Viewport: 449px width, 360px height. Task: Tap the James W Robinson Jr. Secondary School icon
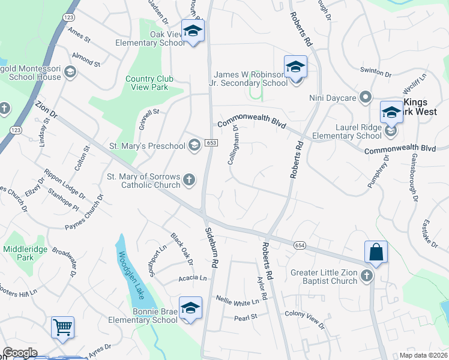tap(295, 67)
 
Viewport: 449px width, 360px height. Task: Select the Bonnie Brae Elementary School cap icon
tap(190, 308)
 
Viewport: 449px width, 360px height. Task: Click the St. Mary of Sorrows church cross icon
tap(189, 179)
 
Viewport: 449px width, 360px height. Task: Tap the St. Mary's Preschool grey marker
tap(194, 145)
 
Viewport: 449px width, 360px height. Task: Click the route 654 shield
tap(300, 245)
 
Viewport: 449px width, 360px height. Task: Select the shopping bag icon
tap(376, 252)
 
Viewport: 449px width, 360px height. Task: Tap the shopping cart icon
tap(62, 328)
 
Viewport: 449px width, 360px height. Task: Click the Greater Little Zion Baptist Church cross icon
tap(367, 276)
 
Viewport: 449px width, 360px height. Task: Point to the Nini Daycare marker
tap(365, 98)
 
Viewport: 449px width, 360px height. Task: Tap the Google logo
tap(20, 353)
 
